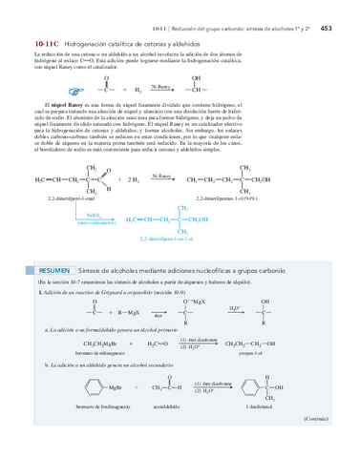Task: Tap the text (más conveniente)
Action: click(x=95, y=224)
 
